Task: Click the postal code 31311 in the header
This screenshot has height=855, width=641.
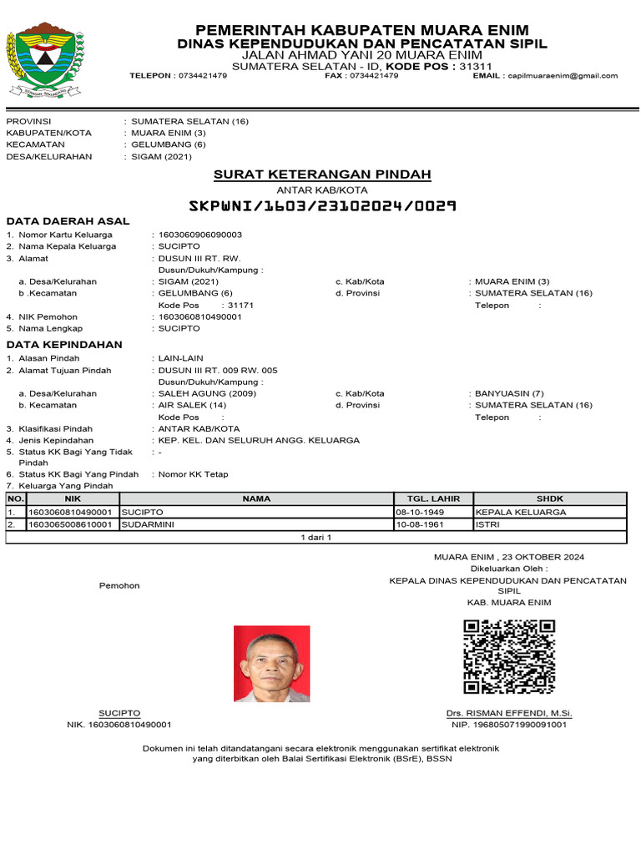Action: (x=476, y=66)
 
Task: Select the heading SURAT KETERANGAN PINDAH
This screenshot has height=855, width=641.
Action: (x=322, y=175)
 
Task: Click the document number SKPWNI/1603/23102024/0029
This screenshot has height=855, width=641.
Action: (x=322, y=205)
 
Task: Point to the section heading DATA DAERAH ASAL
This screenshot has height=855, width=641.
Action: (x=68, y=221)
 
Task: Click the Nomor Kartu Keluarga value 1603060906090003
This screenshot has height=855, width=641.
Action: (x=200, y=235)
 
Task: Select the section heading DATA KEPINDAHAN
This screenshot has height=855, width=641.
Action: (x=64, y=344)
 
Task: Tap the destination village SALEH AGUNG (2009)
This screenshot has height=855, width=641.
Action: (x=196, y=393)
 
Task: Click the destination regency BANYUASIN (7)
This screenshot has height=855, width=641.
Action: (x=509, y=393)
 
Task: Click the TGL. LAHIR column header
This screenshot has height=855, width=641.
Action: (x=432, y=498)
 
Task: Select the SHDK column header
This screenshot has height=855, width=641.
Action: (x=549, y=498)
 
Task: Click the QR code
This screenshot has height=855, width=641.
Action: (x=509, y=657)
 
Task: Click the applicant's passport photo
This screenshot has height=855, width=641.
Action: (x=271, y=664)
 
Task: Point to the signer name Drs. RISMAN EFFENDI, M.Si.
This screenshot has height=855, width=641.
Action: (x=509, y=713)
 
